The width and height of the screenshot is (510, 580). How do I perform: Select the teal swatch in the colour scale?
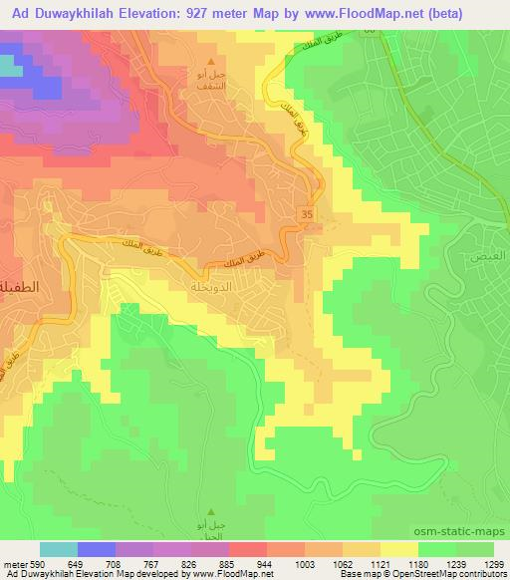click(x=59, y=548)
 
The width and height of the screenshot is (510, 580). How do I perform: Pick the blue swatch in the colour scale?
click(x=95, y=548)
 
